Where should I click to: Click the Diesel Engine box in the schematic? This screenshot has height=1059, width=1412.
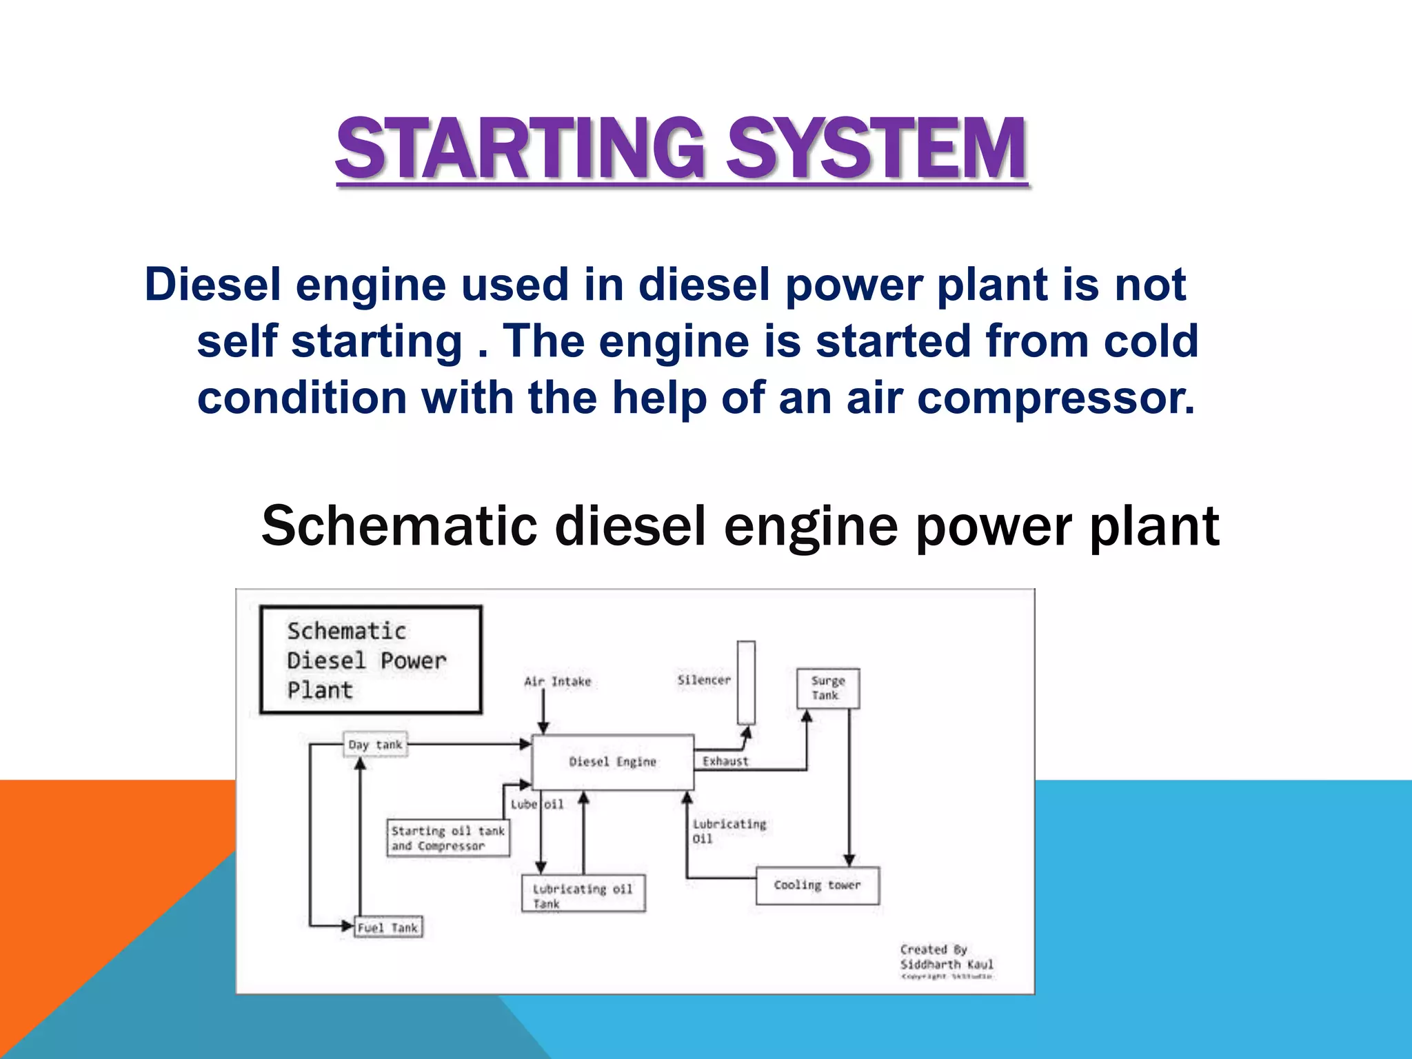(x=612, y=762)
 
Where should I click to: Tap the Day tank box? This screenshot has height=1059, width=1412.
(x=375, y=745)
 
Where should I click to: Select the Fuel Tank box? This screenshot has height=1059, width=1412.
(x=388, y=927)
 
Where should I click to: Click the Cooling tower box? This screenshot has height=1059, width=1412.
(x=817, y=885)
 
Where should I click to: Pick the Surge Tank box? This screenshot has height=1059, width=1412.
(x=828, y=688)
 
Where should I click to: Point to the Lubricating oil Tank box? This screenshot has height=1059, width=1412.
(x=583, y=894)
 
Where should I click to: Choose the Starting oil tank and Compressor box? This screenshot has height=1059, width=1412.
(x=448, y=838)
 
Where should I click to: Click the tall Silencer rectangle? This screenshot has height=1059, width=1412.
(x=746, y=682)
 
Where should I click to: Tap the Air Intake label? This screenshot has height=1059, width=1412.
(x=557, y=682)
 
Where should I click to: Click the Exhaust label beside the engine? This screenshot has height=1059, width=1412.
(x=725, y=761)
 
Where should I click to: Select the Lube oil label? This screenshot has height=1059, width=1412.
(x=536, y=805)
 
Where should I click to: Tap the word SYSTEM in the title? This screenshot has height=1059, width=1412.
(x=877, y=149)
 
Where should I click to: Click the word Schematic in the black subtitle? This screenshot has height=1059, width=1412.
(x=399, y=526)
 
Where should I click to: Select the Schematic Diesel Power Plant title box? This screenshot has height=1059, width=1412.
(x=371, y=660)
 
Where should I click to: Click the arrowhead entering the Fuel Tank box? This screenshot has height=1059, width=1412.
(x=348, y=926)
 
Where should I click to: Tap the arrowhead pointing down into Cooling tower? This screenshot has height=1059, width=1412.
(x=849, y=860)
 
